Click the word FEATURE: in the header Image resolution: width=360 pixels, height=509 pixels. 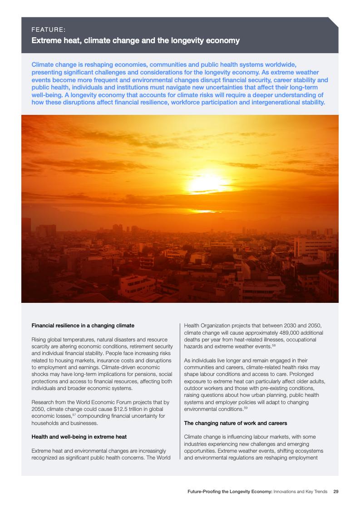tap(48, 30)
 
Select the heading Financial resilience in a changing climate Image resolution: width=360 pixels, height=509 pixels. tap(83, 326)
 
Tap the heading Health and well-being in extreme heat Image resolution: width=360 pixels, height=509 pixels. tap(79, 437)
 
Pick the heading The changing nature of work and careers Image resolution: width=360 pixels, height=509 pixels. tap(235, 423)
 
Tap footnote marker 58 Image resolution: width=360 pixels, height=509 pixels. tap(274, 346)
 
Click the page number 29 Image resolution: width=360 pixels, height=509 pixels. tap(336, 491)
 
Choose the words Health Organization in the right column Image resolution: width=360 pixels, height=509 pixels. tap(206, 326)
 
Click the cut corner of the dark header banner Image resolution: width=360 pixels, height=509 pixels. tap(334, 22)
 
